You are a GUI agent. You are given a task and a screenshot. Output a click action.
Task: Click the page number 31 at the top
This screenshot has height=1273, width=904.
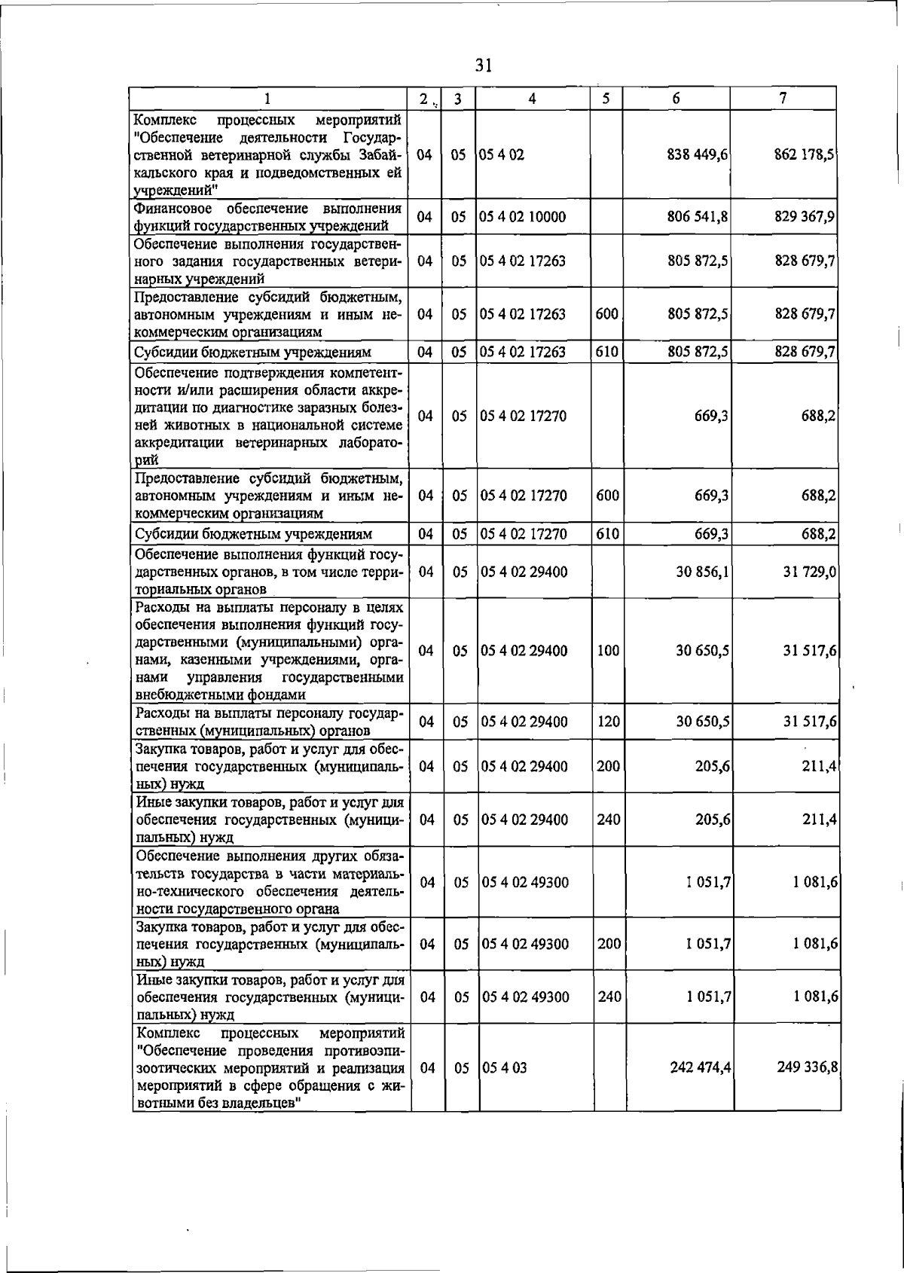(x=484, y=66)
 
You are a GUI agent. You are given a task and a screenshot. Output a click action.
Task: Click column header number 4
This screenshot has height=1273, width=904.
(x=532, y=99)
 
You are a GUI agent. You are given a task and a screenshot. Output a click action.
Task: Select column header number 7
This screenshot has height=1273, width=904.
(x=783, y=98)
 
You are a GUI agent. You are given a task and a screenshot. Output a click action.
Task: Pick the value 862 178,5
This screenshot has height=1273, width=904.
(x=805, y=154)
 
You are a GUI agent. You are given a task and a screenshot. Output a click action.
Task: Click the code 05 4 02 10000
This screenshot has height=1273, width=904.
(x=523, y=217)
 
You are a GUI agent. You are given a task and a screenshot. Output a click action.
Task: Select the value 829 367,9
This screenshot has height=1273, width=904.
(x=805, y=217)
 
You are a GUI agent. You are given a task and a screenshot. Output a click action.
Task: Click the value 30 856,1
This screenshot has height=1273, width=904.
(x=703, y=572)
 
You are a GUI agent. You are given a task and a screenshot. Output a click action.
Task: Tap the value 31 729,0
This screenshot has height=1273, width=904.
(x=810, y=572)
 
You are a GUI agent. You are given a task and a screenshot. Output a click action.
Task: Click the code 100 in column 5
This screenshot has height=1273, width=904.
(x=608, y=651)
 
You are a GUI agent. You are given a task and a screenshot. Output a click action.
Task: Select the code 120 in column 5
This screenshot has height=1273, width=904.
(x=608, y=722)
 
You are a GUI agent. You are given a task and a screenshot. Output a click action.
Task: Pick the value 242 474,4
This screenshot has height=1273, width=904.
(x=701, y=1067)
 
